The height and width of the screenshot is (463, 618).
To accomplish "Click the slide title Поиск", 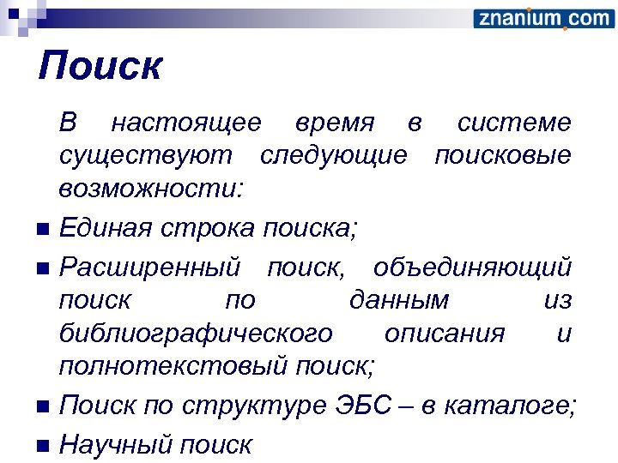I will click(x=100, y=66).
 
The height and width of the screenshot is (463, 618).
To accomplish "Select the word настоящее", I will click(x=186, y=123).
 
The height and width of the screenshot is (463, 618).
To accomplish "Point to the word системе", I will click(x=513, y=123).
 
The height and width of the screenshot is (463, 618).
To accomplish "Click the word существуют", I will click(x=145, y=157).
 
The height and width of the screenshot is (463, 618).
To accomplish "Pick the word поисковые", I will click(x=502, y=157).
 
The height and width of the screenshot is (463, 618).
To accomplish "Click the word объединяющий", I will click(x=472, y=268).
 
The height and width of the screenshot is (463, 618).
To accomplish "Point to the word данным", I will click(x=399, y=301).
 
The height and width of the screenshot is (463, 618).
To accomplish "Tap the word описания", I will click(x=445, y=334).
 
